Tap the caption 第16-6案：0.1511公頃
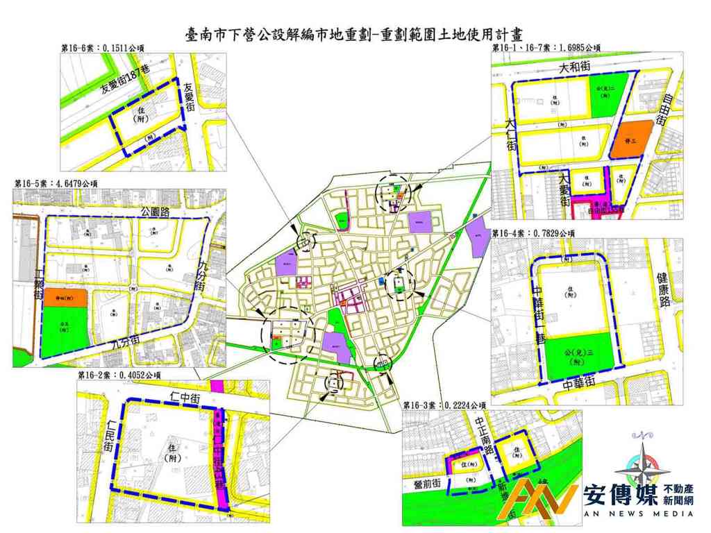pos(107,47)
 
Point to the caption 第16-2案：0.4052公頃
pos(119,375)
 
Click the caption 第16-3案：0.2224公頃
pos(444,404)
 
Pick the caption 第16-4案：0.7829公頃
pos(533,233)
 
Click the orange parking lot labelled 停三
pos(631,139)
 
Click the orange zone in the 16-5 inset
pos(67,297)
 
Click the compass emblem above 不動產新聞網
pos(642,466)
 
